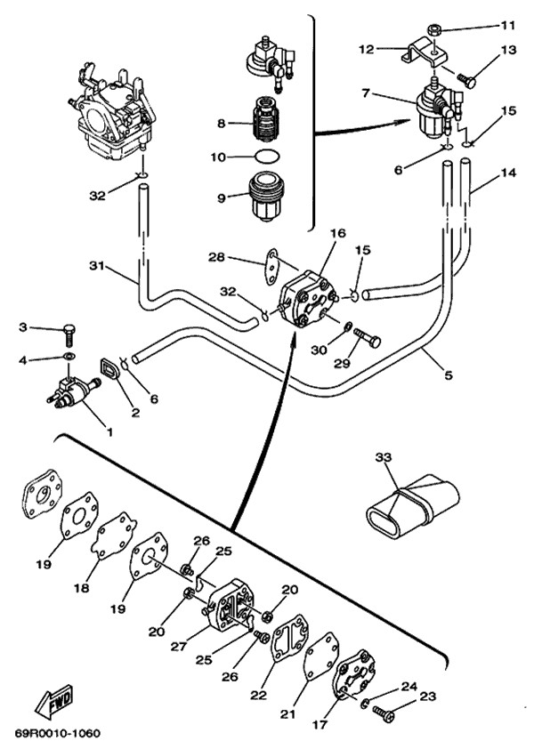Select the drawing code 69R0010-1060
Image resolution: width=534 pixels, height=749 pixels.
pyautogui.click(x=57, y=735)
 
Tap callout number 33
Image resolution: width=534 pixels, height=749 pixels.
pyautogui.click(x=383, y=456)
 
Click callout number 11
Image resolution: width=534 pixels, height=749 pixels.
pyautogui.click(x=508, y=24)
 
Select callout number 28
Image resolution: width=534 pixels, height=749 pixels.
pyautogui.click(x=215, y=258)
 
